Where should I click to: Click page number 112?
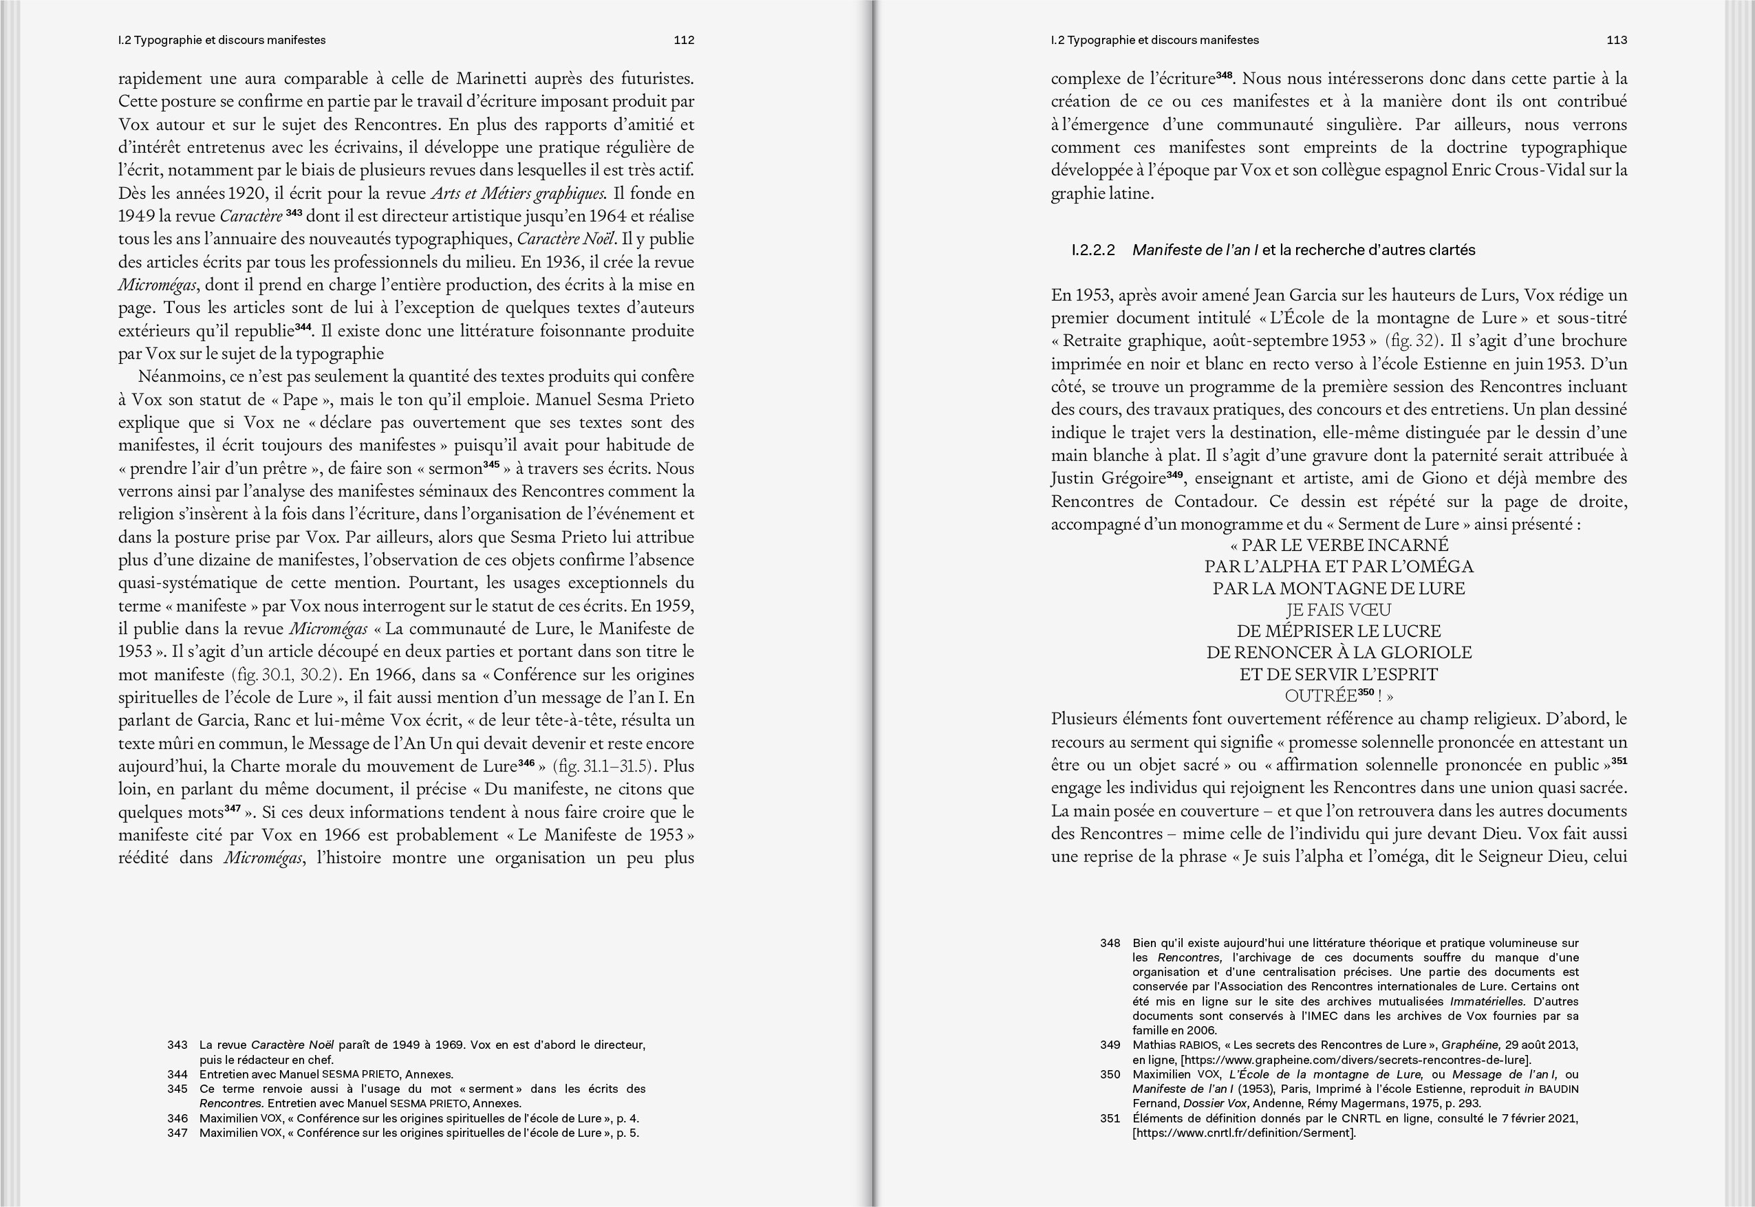pos(684,40)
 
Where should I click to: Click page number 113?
pos(1617,40)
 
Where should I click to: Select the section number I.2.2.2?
pos(1093,250)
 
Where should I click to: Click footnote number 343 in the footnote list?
pos(177,1045)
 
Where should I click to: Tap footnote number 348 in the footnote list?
pos(1110,943)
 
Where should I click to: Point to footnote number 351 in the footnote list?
pos(1110,1118)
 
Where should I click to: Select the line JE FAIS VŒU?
pos(1338,609)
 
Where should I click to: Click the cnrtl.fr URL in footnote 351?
pos(1244,1133)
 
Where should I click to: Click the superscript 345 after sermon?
pos(492,464)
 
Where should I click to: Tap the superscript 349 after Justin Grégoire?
pos(1174,474)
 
